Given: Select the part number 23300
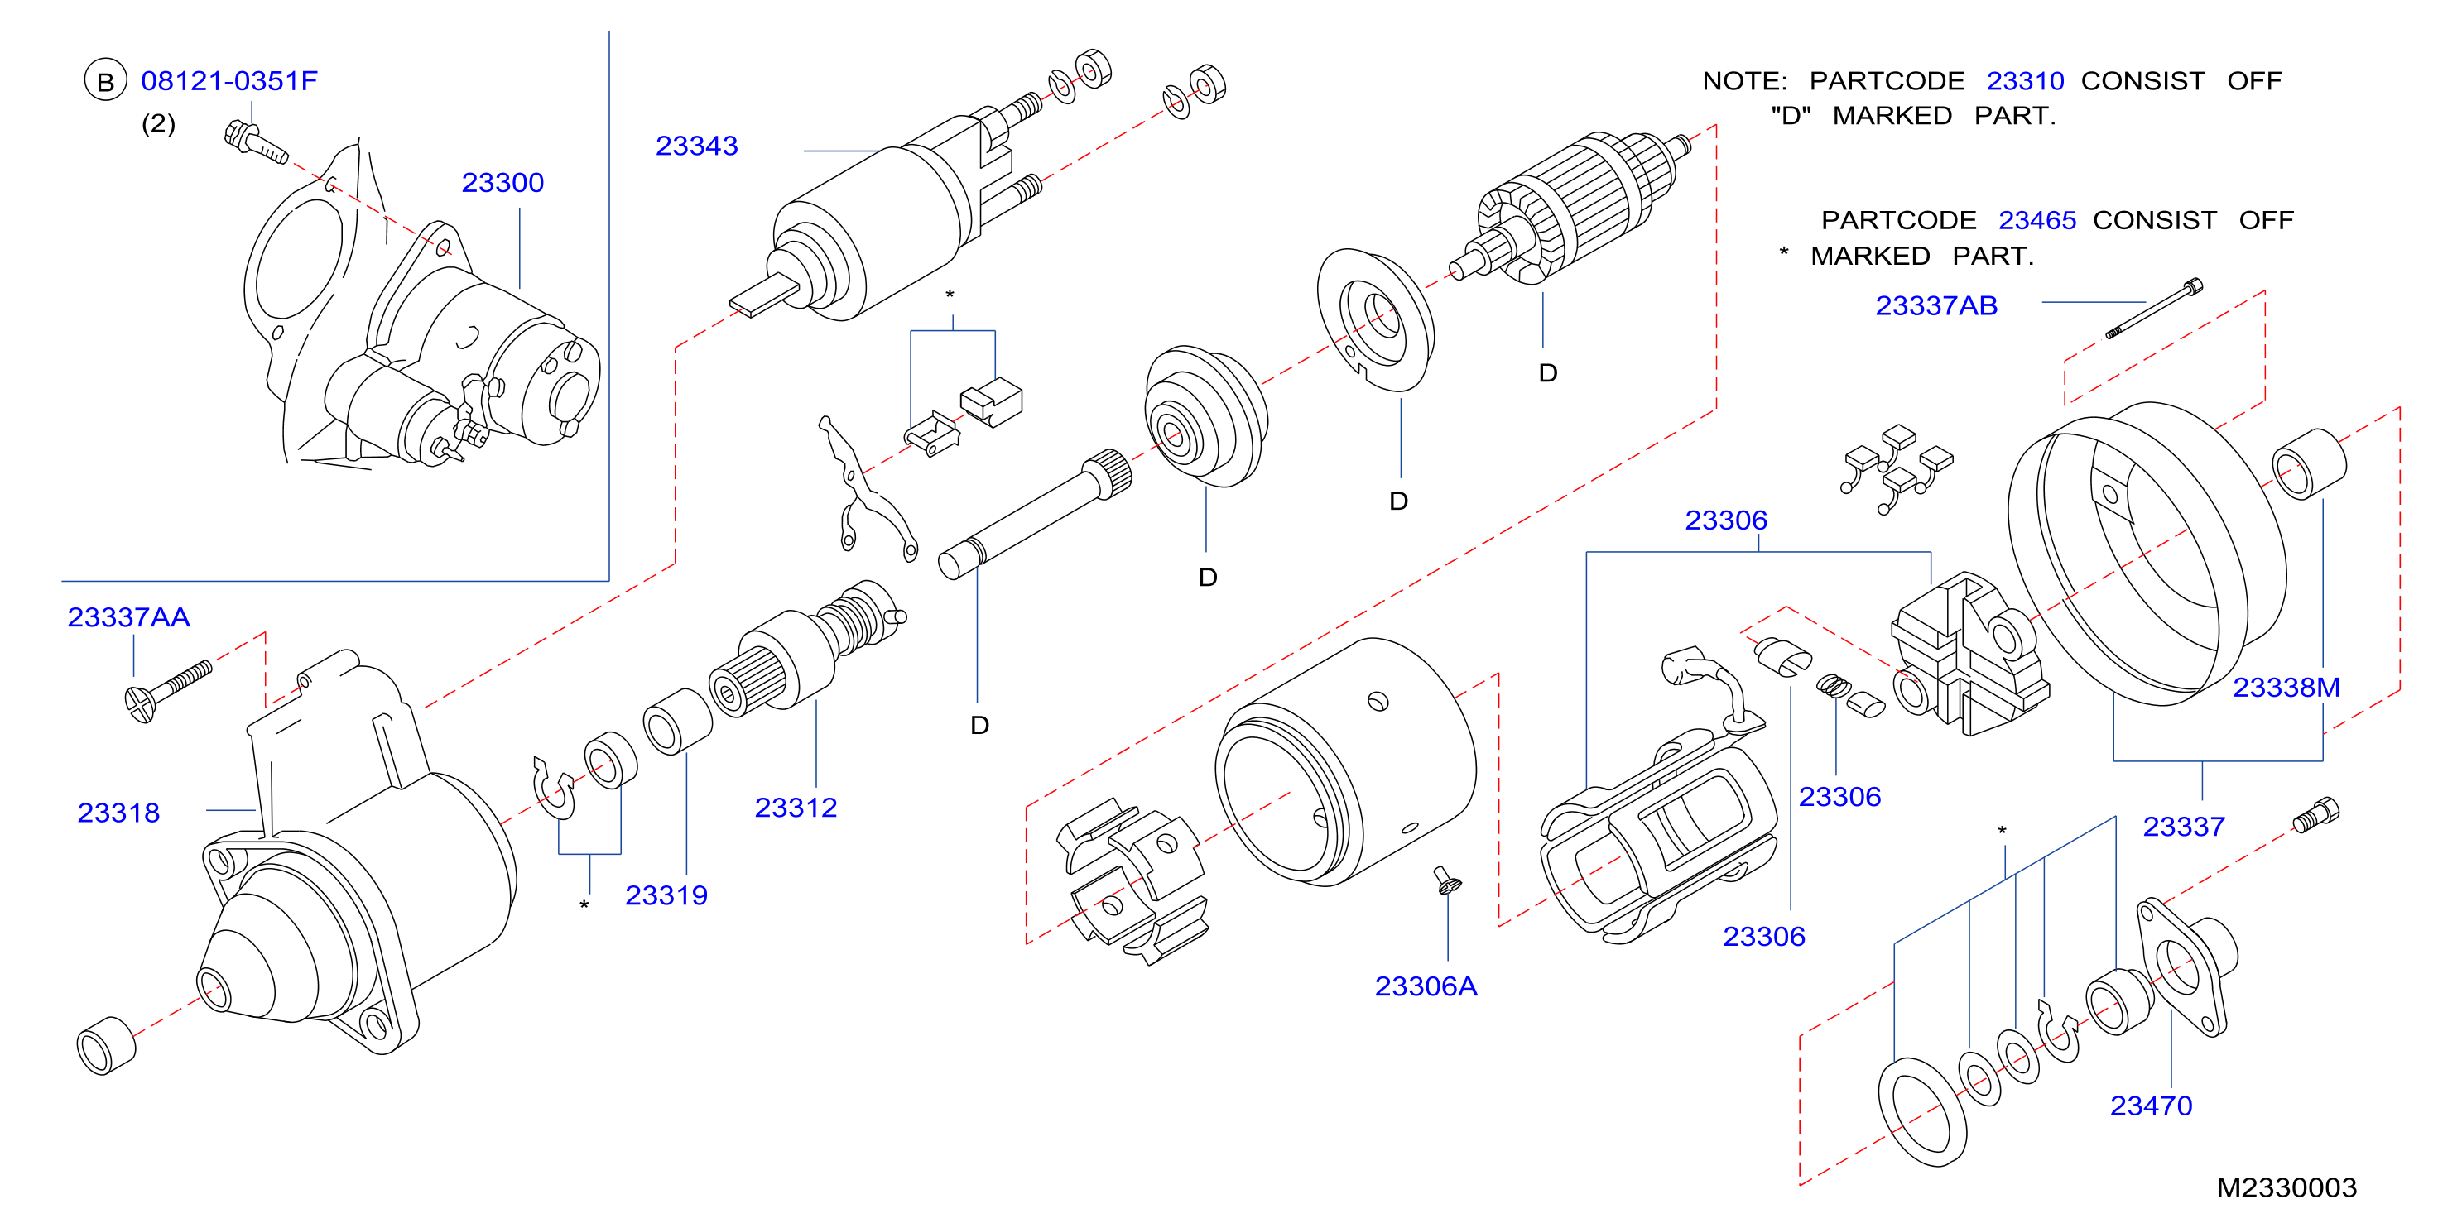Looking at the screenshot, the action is pyautogui.click(x=502, y=183).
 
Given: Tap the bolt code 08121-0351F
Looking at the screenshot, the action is pyautogui.click(x=228, y=81).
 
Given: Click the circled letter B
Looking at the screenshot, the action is pyautogui.click(x=105, y=81).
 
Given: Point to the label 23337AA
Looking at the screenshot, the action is pyautogui.click(x=128, y=617).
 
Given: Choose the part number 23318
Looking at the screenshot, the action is pyautogui.click(x=118, y=813).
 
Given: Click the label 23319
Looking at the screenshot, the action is pyautogui.click(x=666, y=895).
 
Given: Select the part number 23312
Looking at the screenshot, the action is pyautogui.click(x=796, y=808).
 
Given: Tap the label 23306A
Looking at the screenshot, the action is pyautogui.click(x=1426, y=986).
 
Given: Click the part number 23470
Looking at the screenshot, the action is pyautogui.click(x=2152, y=1106).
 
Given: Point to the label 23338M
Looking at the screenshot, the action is pyautogui.click(x=2286, y=687).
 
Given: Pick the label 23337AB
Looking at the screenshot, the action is pyautogui.click(x=1936, y=306).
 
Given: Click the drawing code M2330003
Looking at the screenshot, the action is pyautogui.click(x=2286, y=1187).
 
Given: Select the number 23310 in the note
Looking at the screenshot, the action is pyautogui.click(x=2025, y=81).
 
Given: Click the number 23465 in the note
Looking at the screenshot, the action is pyautogui.click(x=2037, y=221).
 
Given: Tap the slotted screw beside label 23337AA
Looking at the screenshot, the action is pyautogui.click(x=168, y=691).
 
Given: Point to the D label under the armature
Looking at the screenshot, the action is pyautogui.click(x=1548, y=372).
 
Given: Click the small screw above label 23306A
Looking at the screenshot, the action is pyautogui.click(x=1448, y=879).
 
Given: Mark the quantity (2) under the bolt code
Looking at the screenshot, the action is pyautogui.click(x=159, y=123).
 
